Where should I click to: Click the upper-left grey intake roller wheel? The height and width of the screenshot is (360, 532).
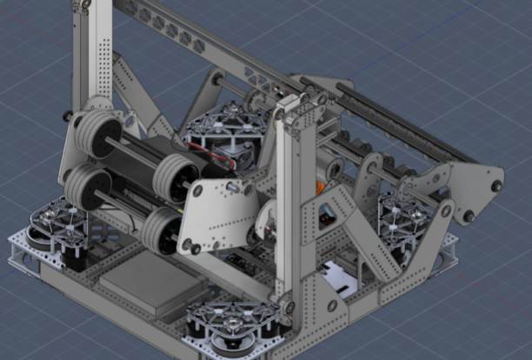tap(90, 135)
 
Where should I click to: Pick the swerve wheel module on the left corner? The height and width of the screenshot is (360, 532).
tap(61, 226)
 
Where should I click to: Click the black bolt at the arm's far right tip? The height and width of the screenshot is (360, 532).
tap(496, 185)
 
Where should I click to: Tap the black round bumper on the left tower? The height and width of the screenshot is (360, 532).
tap(68, 116)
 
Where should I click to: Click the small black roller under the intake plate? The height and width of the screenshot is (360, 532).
tap(194, 248)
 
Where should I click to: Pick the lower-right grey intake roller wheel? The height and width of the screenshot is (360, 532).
tap(161, 231)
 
